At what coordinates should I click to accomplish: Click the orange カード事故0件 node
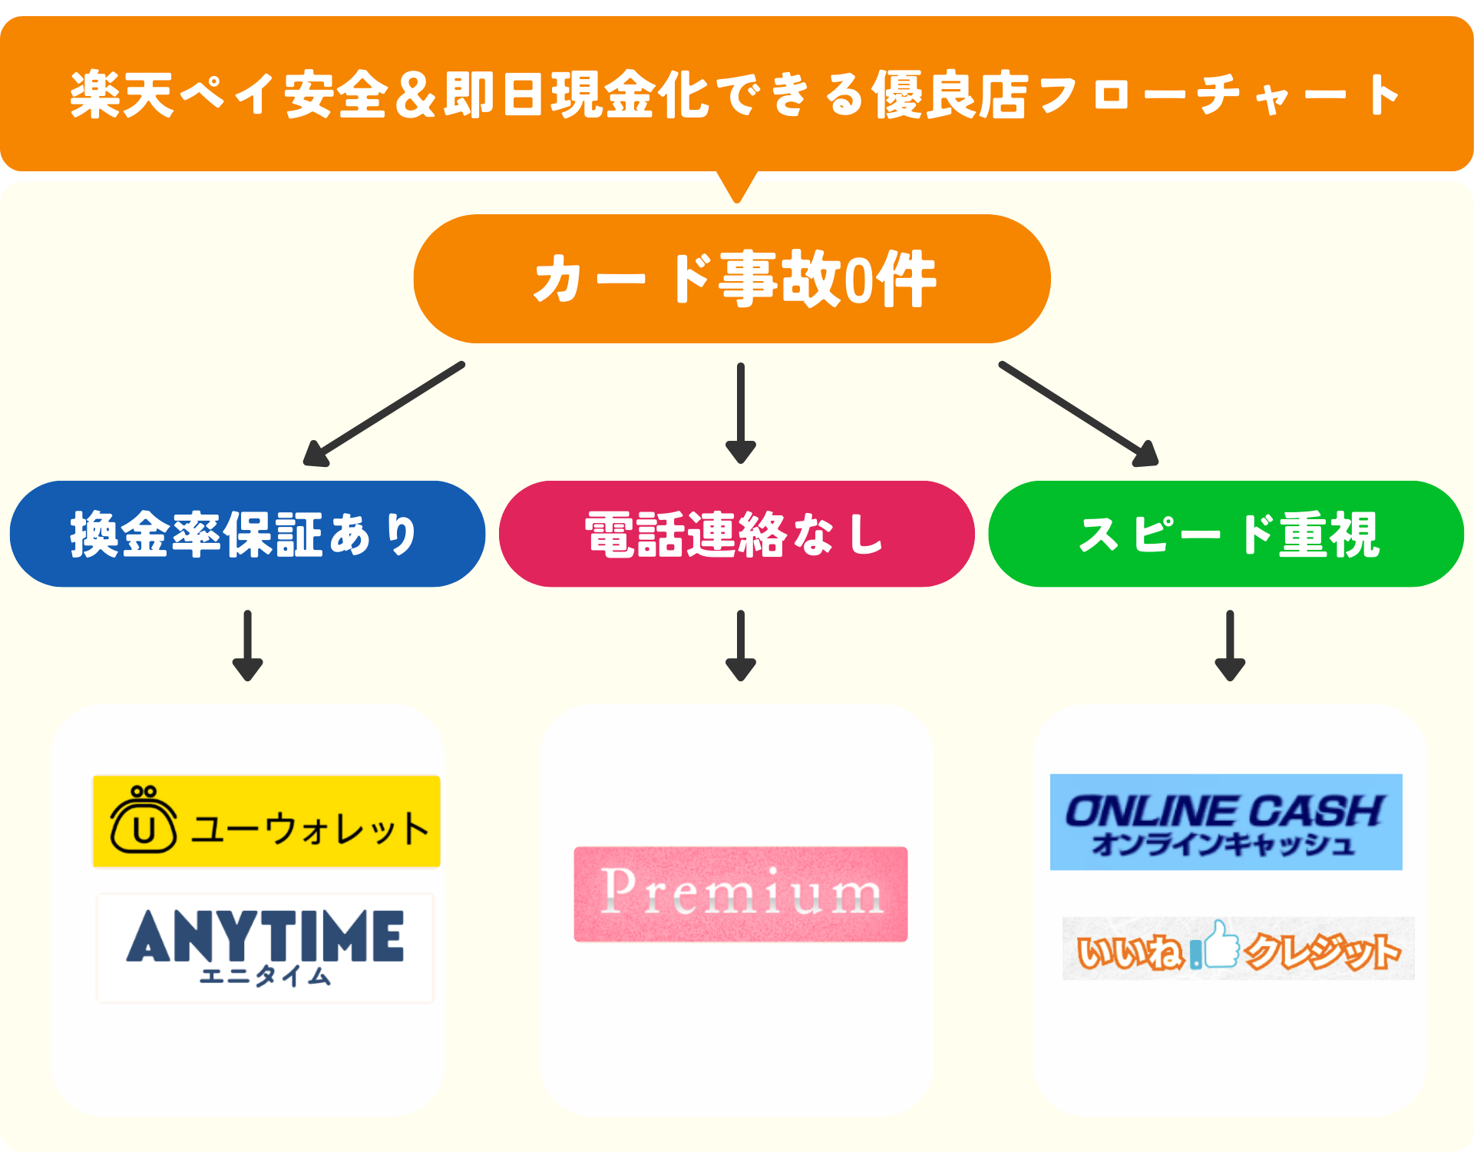pyautogui.click(x=732, y=279)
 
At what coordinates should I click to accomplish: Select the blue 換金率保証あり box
pyautogui.click(x=247, y=535)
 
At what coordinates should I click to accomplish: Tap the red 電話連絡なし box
pyautogui.click(x=736, y=535)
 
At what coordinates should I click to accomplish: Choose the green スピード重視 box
pyautogui.click(x=1226, y=535)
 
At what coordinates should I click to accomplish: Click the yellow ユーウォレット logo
pyautogui.click(x=266, y=821)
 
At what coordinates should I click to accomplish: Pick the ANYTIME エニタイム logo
pyautogui.click(x=266, y=948)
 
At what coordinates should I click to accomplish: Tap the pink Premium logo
pyautogui.click(x=741, y=894)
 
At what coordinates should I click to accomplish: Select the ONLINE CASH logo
pyautogui.click(x=1226, y=822)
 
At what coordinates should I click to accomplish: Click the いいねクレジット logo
pyautogui.click(x=1238, y=948)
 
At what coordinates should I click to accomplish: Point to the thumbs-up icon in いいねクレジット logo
pyautogui.click(x=1221, y=945)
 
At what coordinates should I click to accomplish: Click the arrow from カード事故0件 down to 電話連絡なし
pyautogui.click(x=741, y=413)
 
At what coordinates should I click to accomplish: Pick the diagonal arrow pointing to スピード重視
pyautogui.click(x=1079, y=415)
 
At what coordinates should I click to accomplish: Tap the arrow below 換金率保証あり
pyautogui.click(x=247, y=645)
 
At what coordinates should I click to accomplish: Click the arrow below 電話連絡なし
pyautogui.click(x=741, y=645)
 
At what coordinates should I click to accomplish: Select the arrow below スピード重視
pyautogui.click(x=1230, y=645)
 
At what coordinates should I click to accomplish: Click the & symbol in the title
pyautogui.click(x=417, y=95)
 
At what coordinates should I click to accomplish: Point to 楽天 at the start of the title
pyautogui.click(x=121, y=95)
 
